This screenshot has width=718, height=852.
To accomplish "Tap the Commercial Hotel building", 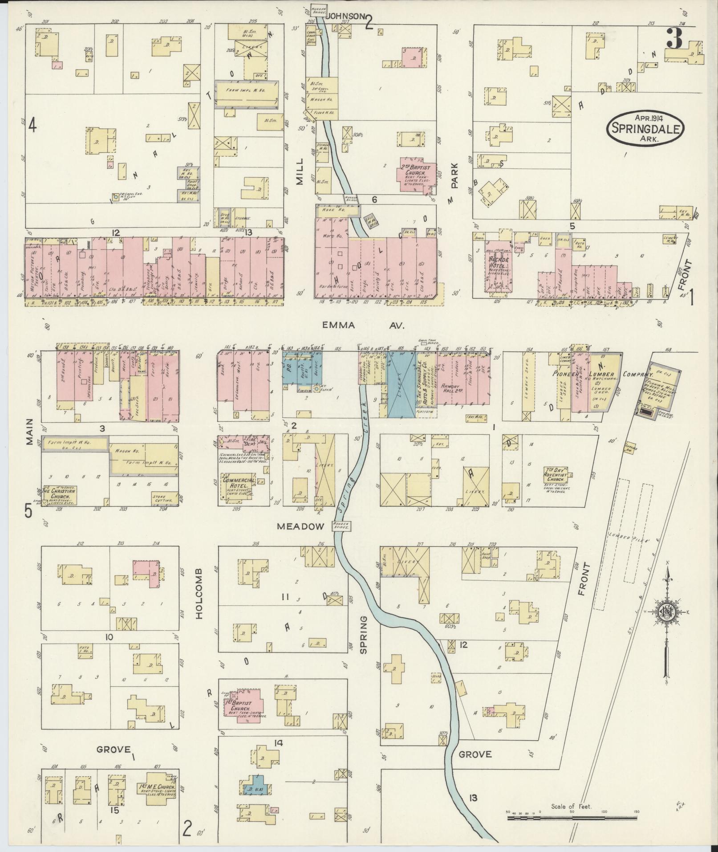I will tap(239, 484).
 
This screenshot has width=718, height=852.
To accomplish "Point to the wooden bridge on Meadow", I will tap(342, 526).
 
